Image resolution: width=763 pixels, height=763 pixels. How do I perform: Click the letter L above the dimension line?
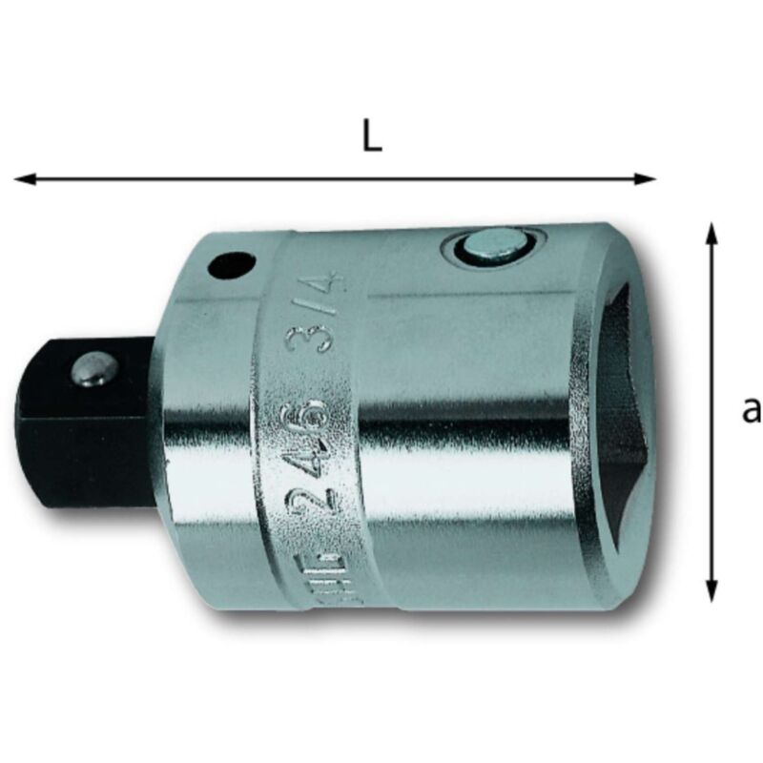372,137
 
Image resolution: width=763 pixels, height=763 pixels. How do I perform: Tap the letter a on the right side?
752,409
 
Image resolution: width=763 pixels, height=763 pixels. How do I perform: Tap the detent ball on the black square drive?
93,370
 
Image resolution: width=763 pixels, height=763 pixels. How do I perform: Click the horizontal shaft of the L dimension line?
334,178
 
